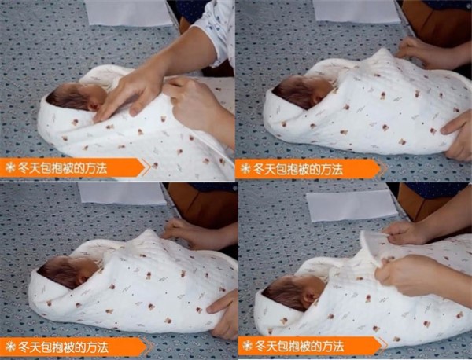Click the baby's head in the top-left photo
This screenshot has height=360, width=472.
[78, 96]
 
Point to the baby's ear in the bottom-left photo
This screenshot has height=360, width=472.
[81, 279]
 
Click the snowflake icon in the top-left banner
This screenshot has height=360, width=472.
[10, 167]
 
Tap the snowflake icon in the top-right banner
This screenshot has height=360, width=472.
[245, 169]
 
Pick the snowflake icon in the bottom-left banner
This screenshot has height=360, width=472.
[10, 347]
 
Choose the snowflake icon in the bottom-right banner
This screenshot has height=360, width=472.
[248, 345]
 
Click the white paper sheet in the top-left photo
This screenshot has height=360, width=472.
[128, 13]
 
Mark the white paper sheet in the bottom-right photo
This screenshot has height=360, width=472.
[352, 206]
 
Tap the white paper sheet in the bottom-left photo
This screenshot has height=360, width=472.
[122, 193]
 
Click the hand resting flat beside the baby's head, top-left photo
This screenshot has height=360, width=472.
[130, 94]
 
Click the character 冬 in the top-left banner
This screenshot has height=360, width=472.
[24, 167]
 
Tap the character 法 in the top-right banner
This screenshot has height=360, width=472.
[337, 169]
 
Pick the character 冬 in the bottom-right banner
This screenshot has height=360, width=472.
[260, 346]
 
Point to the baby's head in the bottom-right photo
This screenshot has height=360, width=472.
[294, 293]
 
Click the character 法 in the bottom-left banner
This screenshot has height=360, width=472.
[102, 347]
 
